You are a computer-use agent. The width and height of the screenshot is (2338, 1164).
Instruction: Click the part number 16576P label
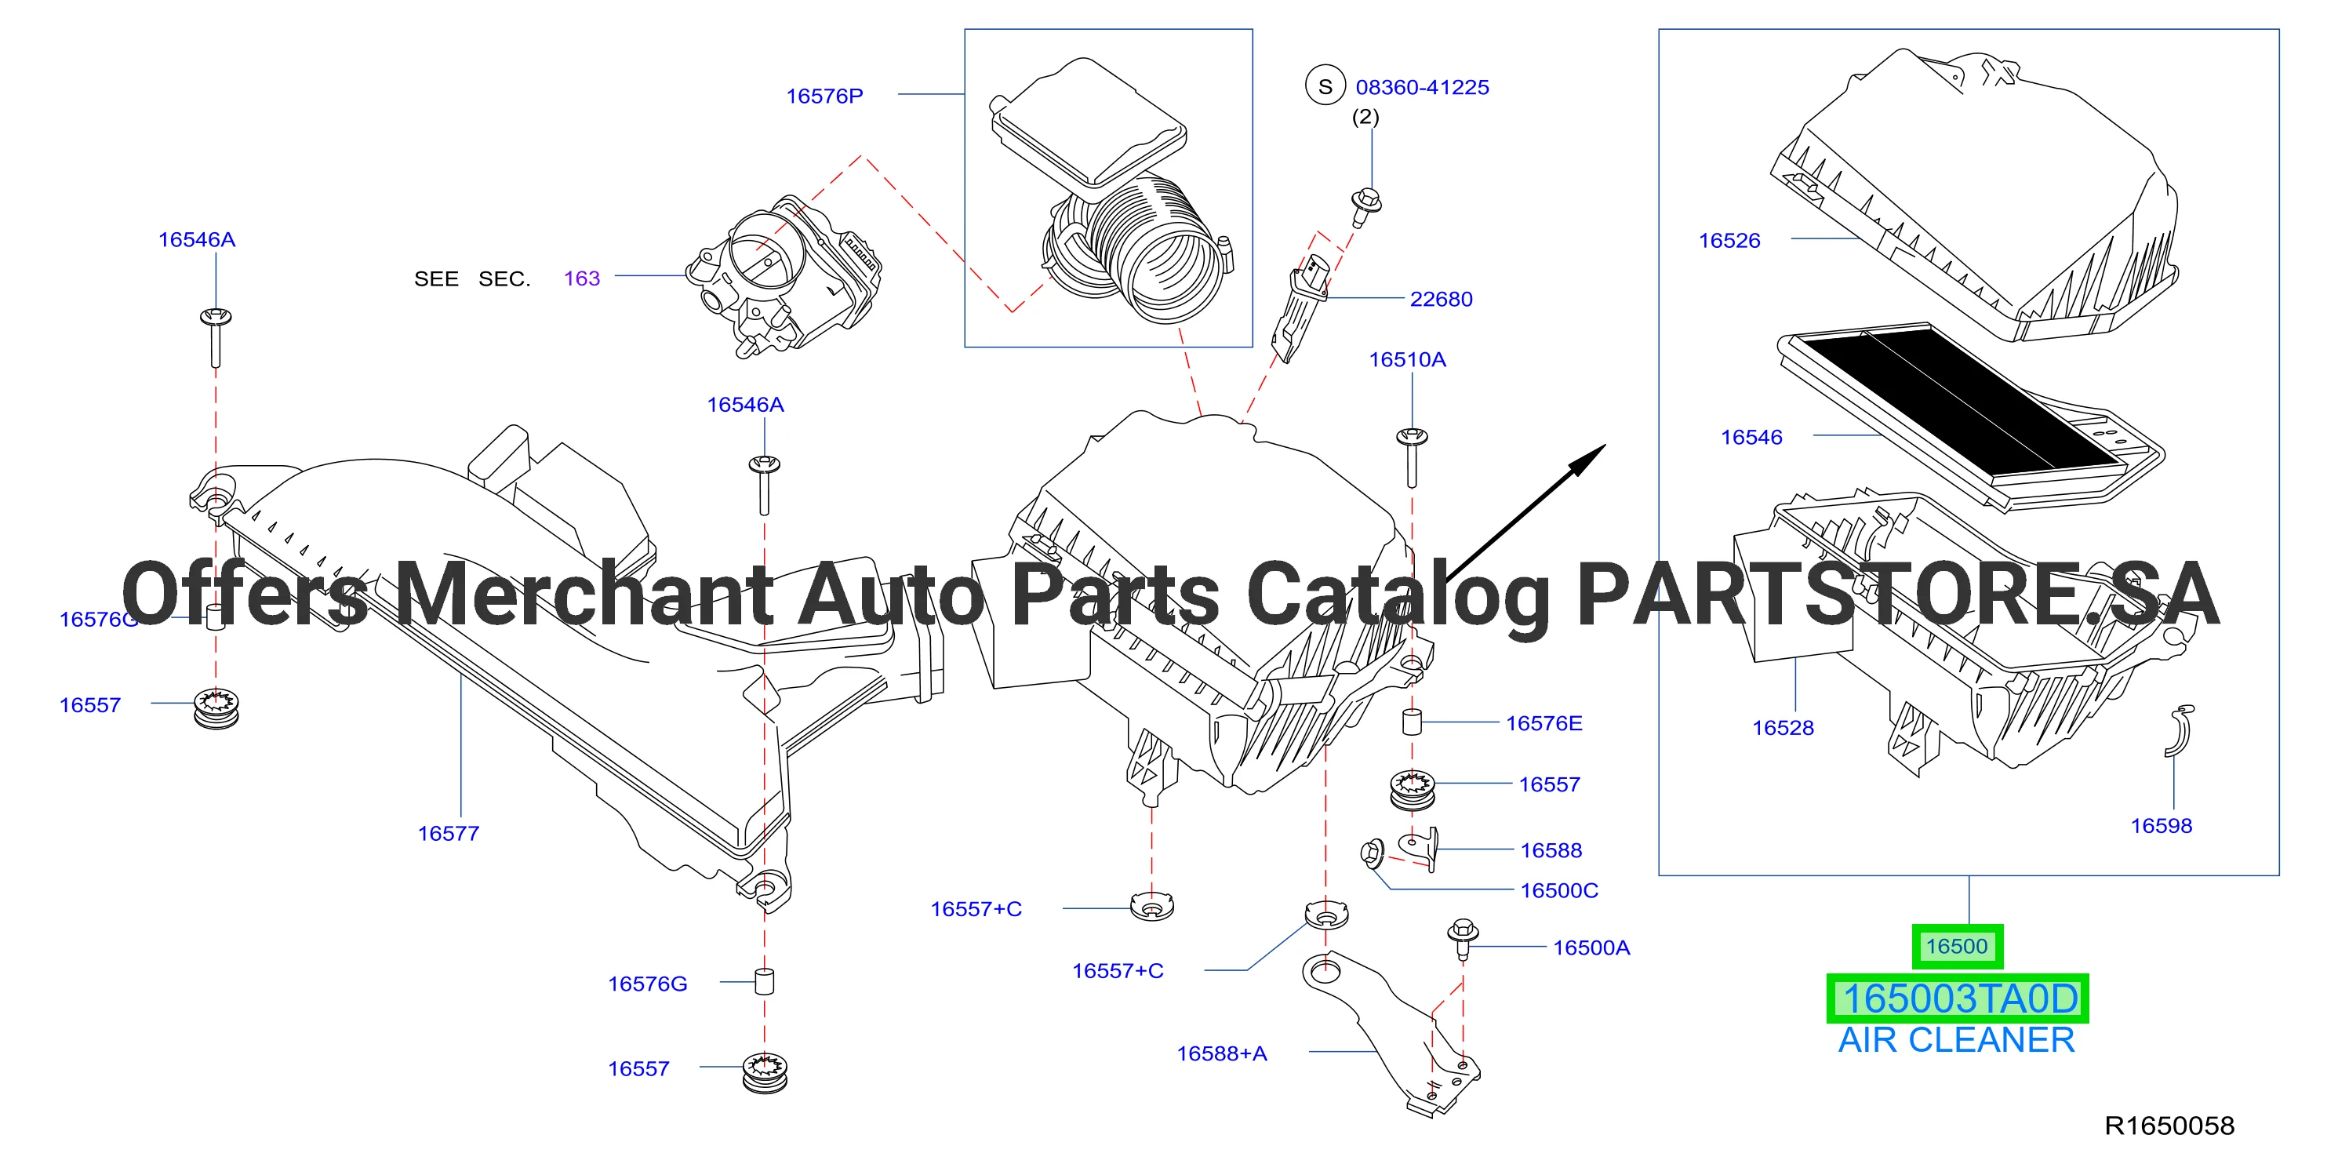click(x=824, y=96)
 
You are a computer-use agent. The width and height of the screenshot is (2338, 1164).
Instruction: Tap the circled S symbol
click(x=1325, y=86)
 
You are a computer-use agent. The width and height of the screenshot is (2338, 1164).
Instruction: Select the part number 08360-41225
click(x=1422, y=87)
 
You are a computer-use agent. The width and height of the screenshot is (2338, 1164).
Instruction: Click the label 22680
click(x=1442, y=299)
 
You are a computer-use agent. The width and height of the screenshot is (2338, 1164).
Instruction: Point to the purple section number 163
click(x=582, y=278)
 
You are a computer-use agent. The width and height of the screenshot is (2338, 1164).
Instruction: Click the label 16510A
click(x=1408, y=359)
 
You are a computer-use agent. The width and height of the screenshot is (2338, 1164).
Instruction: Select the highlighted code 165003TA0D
click(x=1958, y=998)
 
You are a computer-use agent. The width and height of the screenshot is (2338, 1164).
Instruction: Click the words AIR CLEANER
click(x=1957, y=1041)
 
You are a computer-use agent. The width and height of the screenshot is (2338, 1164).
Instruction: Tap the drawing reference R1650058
click(x=2170, y=1126)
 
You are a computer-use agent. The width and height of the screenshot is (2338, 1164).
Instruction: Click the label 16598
click(x=2161, y=825)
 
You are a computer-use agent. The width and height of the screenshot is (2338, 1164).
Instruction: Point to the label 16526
click(x=1729, y=241)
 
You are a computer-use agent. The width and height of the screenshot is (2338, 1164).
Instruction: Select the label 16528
click(x=1783, y=727)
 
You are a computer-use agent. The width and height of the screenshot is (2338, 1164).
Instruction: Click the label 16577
click(x=449, y=834)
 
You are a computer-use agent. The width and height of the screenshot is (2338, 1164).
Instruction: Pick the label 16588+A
click(x=1222, y=1053)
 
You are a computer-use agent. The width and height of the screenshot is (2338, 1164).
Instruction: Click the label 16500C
click(x=1559, y=891)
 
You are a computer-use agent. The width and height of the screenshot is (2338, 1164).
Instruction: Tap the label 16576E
click(x=1544, y=724)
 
